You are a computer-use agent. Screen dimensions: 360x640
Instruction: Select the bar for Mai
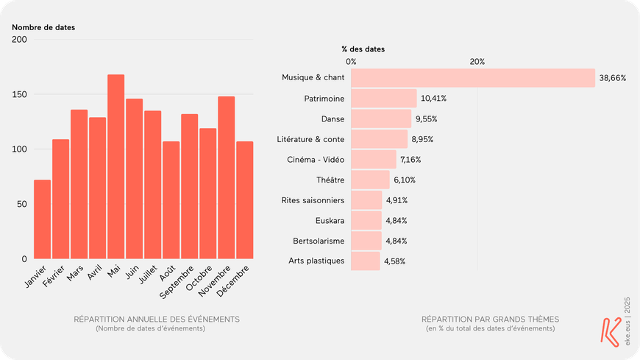coord(116,167)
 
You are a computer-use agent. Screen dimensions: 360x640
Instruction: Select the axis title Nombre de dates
coord(43,27)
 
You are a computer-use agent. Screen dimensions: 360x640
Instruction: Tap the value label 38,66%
coord(612,78)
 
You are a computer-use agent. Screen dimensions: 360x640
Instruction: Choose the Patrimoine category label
coord(324,98)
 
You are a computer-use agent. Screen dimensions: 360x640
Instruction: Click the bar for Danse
coord(381,119)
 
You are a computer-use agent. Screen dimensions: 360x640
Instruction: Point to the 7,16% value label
coord(413,160)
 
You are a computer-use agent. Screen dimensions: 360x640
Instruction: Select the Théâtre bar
coord(370,180)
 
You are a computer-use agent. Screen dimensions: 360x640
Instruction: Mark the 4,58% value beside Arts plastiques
coord(394,261)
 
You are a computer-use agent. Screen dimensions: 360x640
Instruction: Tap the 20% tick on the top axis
coord(477,62)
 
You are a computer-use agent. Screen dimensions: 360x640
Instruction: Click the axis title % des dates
coord(363,49)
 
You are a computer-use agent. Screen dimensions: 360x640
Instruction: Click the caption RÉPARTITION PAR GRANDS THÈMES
coord(490,320)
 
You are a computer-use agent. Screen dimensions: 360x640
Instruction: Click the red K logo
coord(610,331)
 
